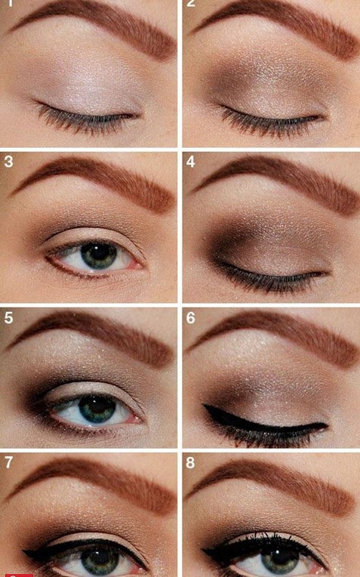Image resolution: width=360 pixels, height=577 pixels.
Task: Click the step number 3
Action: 8,162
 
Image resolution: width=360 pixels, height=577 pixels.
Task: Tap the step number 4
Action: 191,162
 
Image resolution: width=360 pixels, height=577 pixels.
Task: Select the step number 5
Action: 8,317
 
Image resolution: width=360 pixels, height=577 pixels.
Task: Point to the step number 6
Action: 191,317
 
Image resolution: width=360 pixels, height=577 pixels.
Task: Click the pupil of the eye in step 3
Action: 99,255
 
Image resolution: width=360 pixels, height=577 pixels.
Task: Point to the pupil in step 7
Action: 97,560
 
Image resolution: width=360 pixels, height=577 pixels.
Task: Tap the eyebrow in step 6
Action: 279,336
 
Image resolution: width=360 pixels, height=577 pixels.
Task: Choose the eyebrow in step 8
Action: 279,483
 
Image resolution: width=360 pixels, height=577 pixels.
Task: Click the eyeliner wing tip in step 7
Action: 25,554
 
